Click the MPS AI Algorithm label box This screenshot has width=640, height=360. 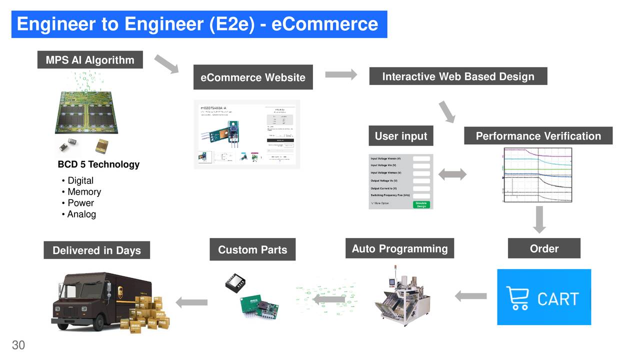coord(90,60)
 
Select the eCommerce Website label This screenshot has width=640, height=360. coord(253,77)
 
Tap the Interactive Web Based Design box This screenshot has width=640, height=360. coord(458,76)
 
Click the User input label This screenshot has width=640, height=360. coord(401,136)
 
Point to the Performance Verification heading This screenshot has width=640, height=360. coord(538,136)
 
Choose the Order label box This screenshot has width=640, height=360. coord(544,248)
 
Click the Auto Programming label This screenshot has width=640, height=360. coord(399,248)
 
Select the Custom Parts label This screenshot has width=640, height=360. coord(252,250)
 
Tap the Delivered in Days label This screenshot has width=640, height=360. coord(96,250)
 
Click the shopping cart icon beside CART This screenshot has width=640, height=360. coord(518,298)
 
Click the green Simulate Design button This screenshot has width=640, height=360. coord(421,204)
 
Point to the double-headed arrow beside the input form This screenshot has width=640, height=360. coord(452,174)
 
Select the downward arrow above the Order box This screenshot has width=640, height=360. coord(539,219)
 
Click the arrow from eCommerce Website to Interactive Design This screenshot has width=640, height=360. coord(341,74)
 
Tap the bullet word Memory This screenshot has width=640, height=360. coord(84,192)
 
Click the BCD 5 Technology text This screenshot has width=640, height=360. coord(98,164)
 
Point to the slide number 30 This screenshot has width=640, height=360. coord(18,345)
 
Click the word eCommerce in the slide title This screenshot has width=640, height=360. coord(324,23)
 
